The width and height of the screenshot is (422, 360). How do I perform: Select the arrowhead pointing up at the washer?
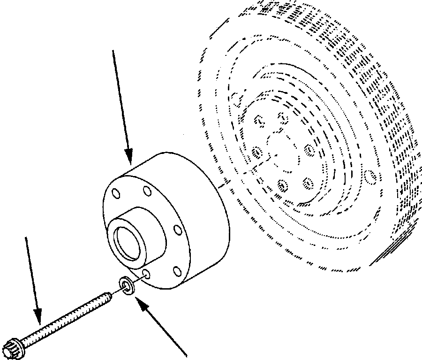point(141,304)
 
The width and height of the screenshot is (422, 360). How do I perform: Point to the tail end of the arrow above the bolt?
point(26,237)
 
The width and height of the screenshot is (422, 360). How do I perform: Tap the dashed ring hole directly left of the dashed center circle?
point(256,152)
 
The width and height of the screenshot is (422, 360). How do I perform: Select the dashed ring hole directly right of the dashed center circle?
point(309,150)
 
